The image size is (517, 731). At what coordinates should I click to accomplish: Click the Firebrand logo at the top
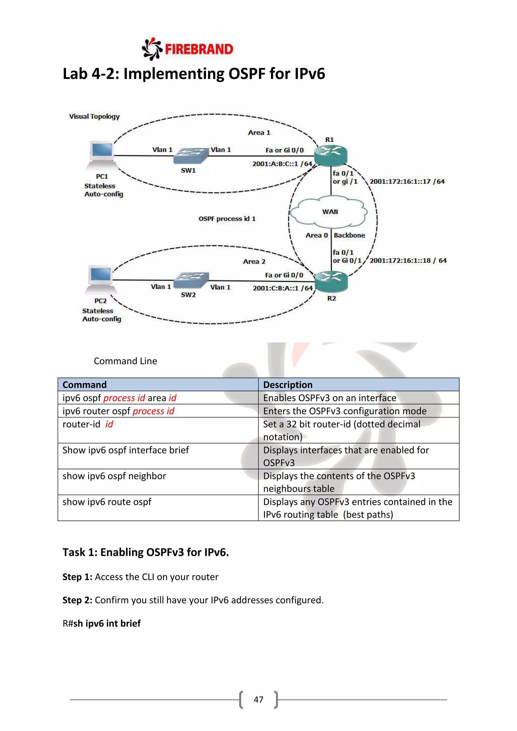tap(188, 49)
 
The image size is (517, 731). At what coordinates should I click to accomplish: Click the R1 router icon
tap(330, 155)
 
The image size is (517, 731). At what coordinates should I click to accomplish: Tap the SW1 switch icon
tap(190, 156)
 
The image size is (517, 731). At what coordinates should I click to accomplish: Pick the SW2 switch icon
tap(191, 280)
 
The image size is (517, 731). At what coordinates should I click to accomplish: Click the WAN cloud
tap(329, 212)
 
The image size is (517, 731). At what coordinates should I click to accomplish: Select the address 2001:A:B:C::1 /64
tap(282, 164)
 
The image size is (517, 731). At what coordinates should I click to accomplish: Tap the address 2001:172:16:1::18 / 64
tap(408, 260)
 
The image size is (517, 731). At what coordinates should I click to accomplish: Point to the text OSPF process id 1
tap(227, 219)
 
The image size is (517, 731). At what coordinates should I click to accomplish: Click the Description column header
tap(288, 385)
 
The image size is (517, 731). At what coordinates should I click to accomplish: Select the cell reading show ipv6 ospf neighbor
tap(114, 476)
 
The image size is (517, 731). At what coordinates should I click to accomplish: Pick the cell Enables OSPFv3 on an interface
tap(329, 398)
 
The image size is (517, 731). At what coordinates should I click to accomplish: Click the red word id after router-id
tap(109, 424)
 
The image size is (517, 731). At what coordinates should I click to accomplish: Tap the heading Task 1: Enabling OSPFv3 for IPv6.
tap(145, 552)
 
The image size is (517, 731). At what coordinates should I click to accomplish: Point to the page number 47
tap(258, 699)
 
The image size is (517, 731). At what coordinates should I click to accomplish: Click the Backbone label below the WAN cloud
tap(349, 235)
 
